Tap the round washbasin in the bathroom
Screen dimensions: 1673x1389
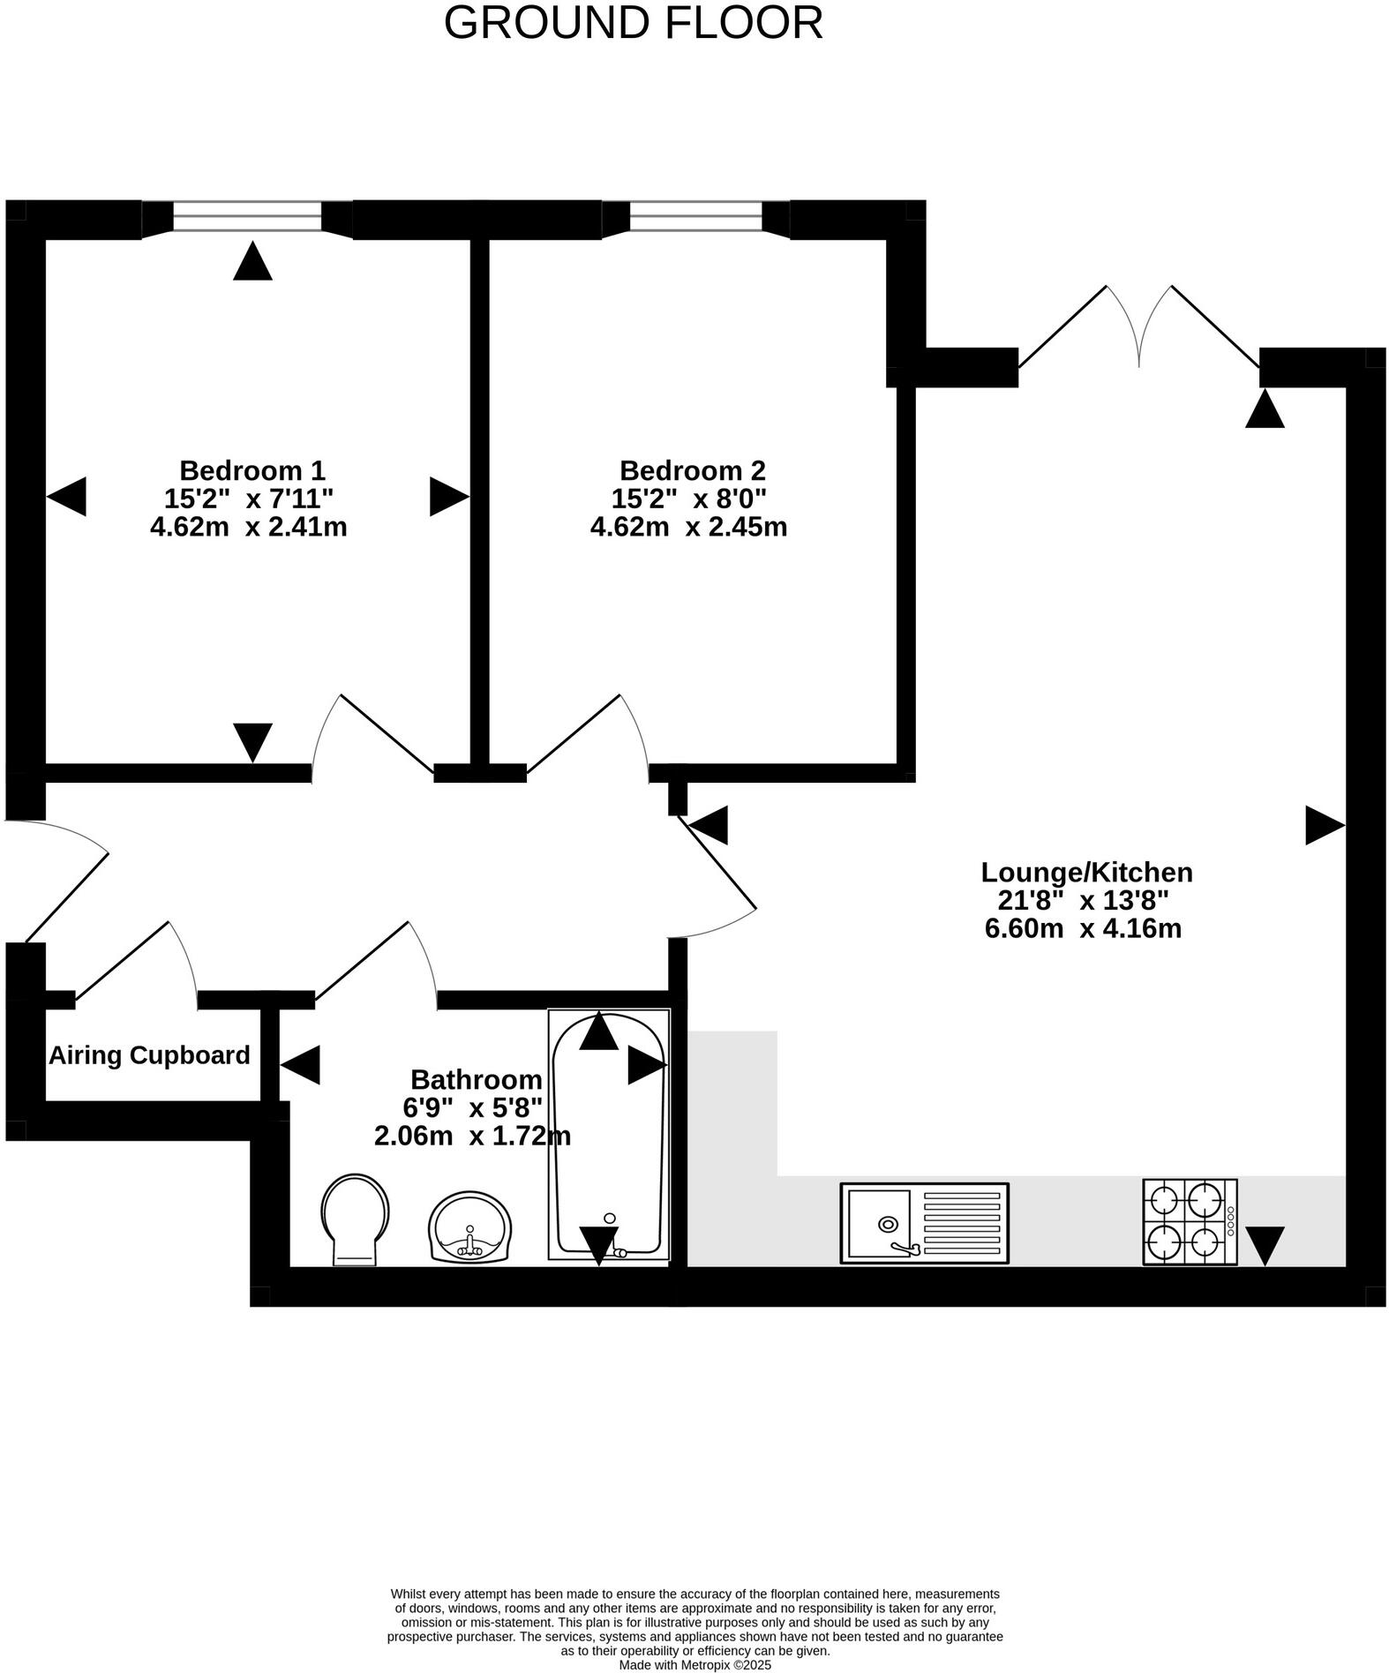(469, 1227)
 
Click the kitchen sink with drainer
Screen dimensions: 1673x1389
(923, 1223)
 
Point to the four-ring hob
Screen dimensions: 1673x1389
(1189, 1221)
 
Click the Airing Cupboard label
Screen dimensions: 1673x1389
(149, 1055)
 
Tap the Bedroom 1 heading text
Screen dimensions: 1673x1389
(252, 469)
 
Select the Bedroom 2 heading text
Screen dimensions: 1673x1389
(692, 469)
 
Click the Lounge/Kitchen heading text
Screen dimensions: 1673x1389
(1086, 872)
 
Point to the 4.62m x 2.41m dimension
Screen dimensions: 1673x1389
(248, 527)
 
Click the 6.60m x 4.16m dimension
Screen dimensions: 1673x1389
(1083, 928)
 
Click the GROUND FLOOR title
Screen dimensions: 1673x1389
(633, 23)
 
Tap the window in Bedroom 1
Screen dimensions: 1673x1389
(247, 216)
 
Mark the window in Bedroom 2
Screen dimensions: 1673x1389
(695, 216)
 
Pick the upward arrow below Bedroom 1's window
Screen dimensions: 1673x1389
(252, 262)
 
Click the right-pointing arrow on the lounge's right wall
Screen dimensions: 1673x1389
(1324, 826)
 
